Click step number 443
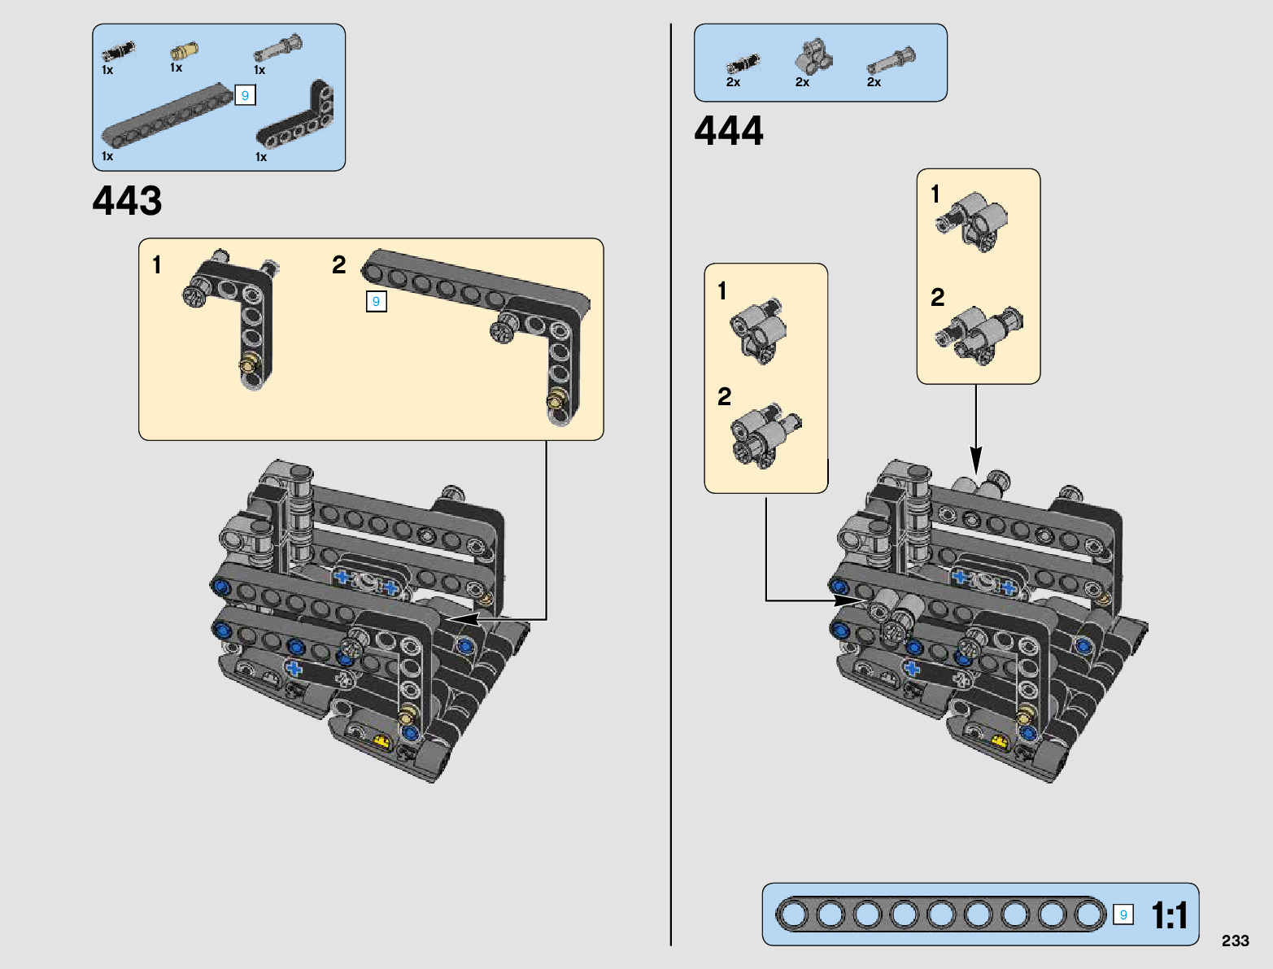click(127, 201)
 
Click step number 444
click(729, 130)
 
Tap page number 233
click(1236, 941)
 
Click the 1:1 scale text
click(1169, 915)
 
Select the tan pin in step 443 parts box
click(184, 50)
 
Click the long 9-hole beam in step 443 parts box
click(168, 116)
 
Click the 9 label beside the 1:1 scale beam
click(1123, 915)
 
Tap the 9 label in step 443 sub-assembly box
click(377, 302)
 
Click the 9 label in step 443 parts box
click(245, 95)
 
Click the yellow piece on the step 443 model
click(383, 741)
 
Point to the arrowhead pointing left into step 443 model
click(462, 619)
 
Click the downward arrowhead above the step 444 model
click(976, 461)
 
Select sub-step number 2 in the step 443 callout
click(339, 265)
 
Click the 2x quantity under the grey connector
click(802, 82)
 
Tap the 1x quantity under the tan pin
click(177, 68)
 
